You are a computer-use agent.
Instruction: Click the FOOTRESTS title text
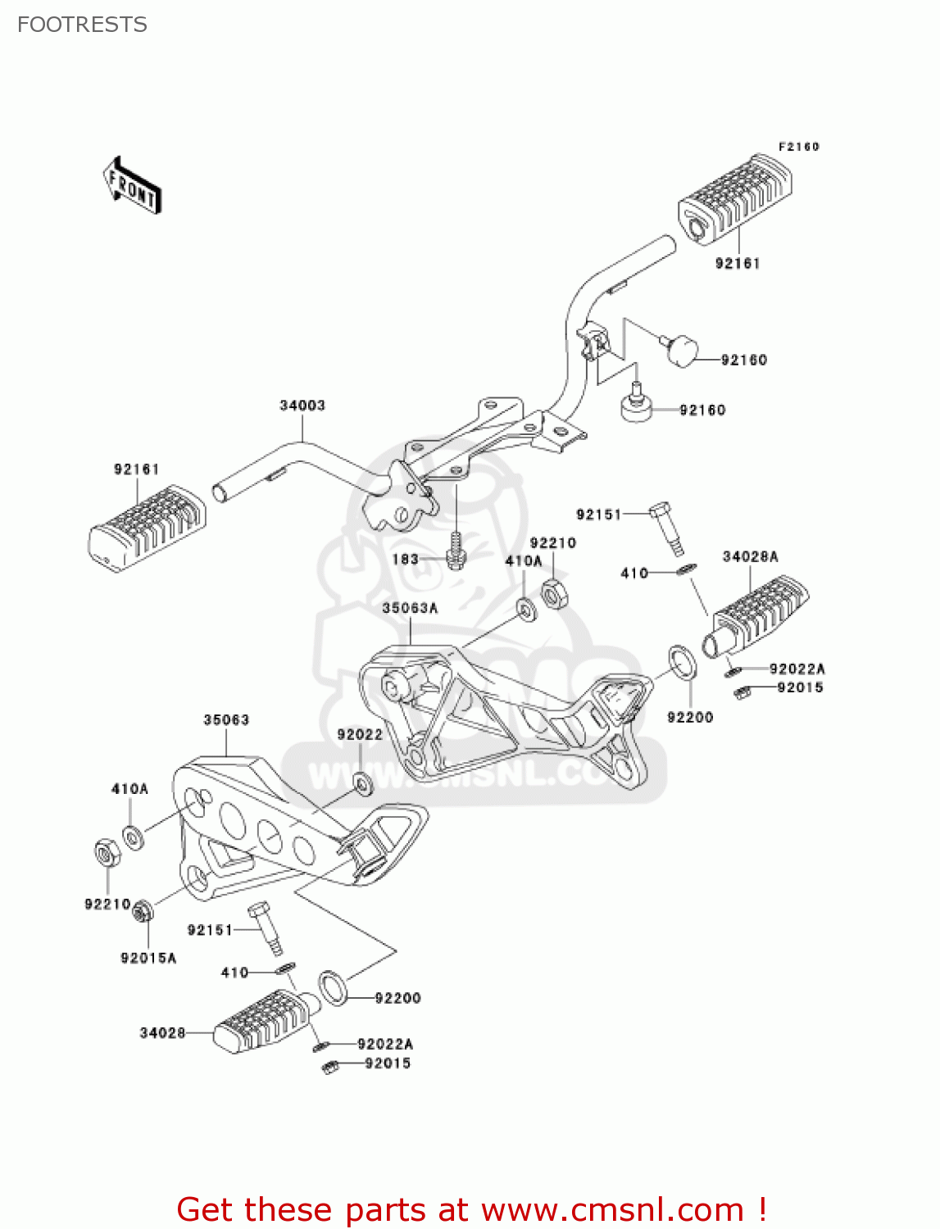pyautogui.click(x=82, y=25)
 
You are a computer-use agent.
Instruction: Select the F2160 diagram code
pyautogui.click(x=798, y=147)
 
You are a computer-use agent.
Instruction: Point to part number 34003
pyautogui.click(x=302, y=406)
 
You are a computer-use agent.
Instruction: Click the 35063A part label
pyautogui.click(x=410, y=608)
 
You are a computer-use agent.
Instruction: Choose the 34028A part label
pyautogui.click(x=750, y=556)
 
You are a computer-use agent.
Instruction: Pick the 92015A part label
pyautogui.click(x=148, y=958)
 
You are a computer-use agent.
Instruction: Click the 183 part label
pyautogui.click(x=406, y=560)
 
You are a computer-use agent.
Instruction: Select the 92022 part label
pyautogui.click(x=360, y=735)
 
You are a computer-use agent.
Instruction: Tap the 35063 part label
pyautogui.click(x=226, y=720)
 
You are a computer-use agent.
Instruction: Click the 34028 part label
pyautogui.click(x=162, y=1033)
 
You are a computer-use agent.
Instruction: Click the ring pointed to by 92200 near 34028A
pyautogui.click(x=683, y=662)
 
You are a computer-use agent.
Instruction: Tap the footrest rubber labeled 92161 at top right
pyautogui.click(x=734, y=199)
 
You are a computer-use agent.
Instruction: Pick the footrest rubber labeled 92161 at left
pyautogui.click(x=147, y=528)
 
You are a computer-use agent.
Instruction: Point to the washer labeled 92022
pyautogui.click(x=362, y=782)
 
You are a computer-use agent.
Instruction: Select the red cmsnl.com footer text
pyautogui.click(x=471, y=1210)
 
